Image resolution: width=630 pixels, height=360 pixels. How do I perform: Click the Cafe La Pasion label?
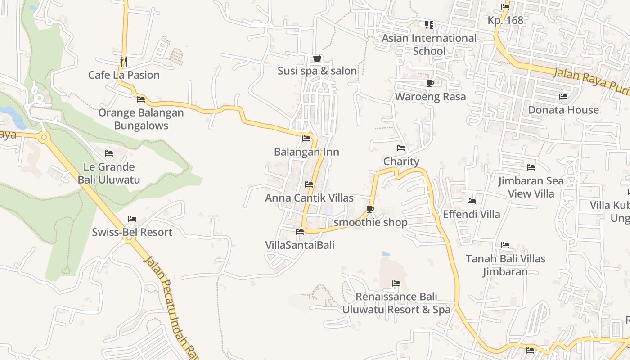tap(124, 75)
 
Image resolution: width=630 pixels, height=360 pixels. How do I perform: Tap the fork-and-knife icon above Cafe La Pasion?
tap(123, 61)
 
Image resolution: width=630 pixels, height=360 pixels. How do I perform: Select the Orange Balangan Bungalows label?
tap(141, 119)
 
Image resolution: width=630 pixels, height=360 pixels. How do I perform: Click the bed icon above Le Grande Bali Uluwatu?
tap(109, 153)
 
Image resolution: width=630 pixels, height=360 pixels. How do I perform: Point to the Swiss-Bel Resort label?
tap(132, 232)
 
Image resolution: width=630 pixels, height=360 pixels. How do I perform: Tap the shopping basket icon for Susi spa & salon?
tap(317, 58)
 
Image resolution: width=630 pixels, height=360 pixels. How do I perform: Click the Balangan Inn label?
tap(306, 152)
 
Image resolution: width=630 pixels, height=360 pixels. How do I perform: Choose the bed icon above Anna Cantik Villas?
tap(309, 184)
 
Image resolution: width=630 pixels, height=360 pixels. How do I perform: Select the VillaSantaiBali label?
tap(300, 245)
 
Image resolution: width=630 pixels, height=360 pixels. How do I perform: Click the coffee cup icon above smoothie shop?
tap(370, 209)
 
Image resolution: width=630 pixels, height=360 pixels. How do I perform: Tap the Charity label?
tap(401, 162)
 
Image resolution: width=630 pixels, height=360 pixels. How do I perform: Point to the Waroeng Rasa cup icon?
tap(430, 83)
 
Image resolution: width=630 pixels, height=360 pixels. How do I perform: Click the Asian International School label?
tap(429, 45)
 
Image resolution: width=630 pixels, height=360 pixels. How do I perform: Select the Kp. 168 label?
tap(505, 21)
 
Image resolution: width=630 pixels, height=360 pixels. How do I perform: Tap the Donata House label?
tap(563, 110)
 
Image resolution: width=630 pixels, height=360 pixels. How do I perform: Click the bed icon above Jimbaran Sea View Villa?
tap(531, 167)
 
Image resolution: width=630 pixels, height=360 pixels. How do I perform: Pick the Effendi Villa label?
tap(471, 214)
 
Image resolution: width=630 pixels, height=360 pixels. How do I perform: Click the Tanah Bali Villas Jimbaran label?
tap(505, 265)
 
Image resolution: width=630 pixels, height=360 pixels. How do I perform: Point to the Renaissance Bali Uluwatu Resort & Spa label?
tap(396, 303)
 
